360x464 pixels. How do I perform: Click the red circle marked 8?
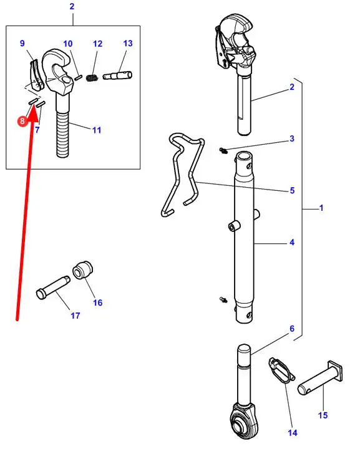pyautogui.click(x=22, y=121)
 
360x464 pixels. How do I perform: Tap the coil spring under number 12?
pyautogui.click(x=92, y=78)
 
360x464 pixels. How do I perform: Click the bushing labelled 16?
pyautogui.click(x=83, y=269)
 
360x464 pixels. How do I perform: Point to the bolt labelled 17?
pyautogui.click(x=53, y=288)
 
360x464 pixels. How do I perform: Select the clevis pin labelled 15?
pyautogui.click(x=320, y=378)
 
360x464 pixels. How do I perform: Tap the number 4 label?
pyautogui.click(x=292, y=243)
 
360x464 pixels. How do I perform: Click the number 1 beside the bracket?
pyautogui.click(x=321, y=208)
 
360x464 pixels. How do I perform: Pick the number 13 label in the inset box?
pyautogui.click(x=128, y=44)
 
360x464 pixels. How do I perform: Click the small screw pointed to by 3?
pyautogui.click(x=223, y=151)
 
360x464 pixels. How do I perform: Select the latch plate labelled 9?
pyautogui.click(x=37, y=75)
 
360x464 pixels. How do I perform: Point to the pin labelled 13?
pyautogui.click(x=117, y=75)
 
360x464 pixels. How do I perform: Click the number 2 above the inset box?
pyautogui.click(x=72, y=6)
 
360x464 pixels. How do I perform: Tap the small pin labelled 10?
pyautogui.click(x=78, y=77)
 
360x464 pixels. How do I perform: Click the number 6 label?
pyautogui.click(x=292, y=329)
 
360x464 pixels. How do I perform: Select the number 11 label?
pyautogui.click(x=97, y=130)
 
